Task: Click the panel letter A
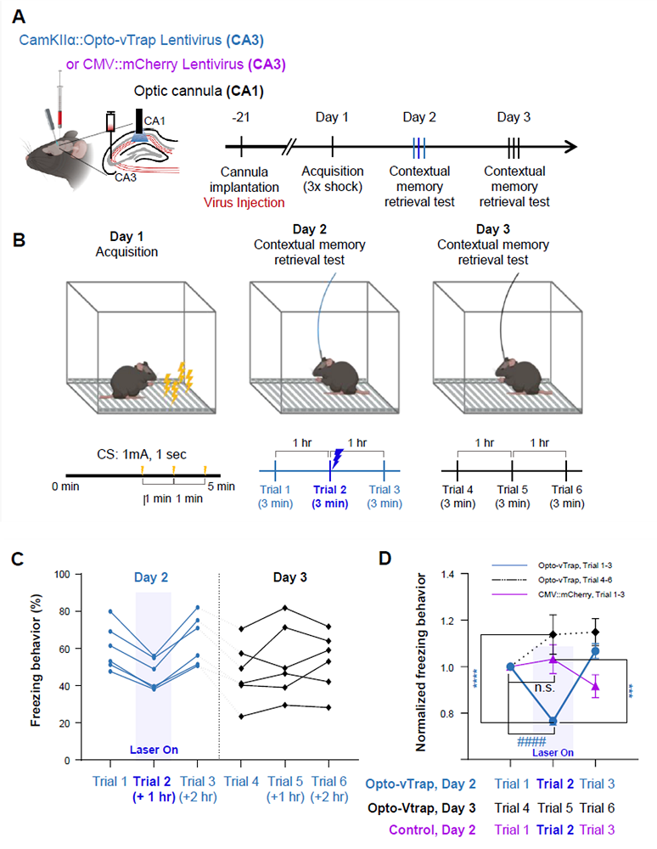pyautogui.click(x=19, y=17)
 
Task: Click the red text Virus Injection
pyautogui.click(x=244, y=203)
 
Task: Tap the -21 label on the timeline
pyautogui.click(x=240, y=117)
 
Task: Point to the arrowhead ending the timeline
pyautogui.click(x=570, y=146)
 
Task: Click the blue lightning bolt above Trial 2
pyautogui.click(x=337, y=458)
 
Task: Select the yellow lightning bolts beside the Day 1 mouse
pyautogui.click(x=178, y=383)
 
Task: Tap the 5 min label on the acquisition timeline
pyautogui.click(x=222, y=486)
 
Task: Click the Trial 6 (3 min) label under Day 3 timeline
pyautogui.click(x=567, y=497)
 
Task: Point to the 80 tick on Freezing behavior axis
pyautogui.click(x=63, y=611)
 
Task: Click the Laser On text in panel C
pyautogui.click(x=154, y=750)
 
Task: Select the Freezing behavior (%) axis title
pyautogui.click(x=36, y=660)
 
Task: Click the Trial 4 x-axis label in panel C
pyautogui.click(x=241, y=781)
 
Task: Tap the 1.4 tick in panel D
pyautogui.click(x=447, y=574)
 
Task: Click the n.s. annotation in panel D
pyautogui.click(x=544, y=688)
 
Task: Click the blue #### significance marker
pyautogui.click(x=531, y=741)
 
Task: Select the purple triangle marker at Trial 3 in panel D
pyautogui.click(x=595, y=687)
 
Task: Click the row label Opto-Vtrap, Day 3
pyautogui.click(x=422, y=808)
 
